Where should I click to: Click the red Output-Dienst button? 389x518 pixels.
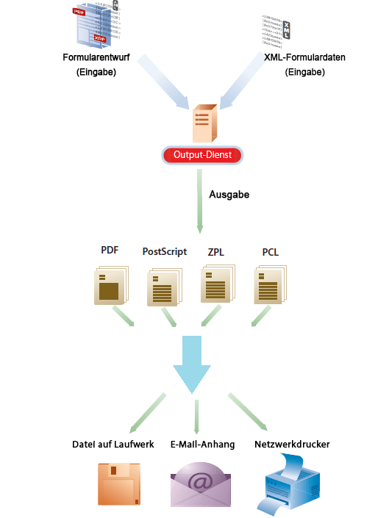pos(201,155)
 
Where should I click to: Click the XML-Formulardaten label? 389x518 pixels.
pos(294,57)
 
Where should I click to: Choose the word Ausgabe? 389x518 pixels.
pos(229,195)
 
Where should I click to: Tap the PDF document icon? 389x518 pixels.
pos(111,285)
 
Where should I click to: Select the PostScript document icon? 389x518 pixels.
pos(164,287)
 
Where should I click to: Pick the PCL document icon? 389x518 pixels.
pos(270,285)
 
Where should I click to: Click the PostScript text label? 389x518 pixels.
pos(164,252)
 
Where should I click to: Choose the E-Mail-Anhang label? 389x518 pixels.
pos(202,445)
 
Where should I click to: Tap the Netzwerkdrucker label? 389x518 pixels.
pos(292,445)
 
